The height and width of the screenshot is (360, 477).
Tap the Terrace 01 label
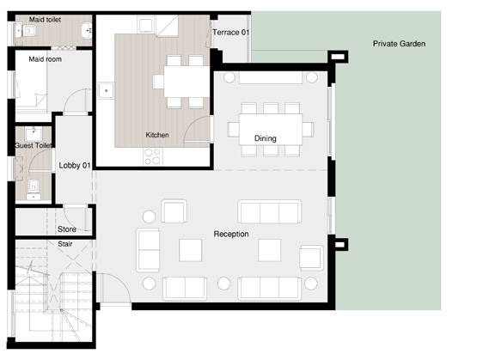(231, 33)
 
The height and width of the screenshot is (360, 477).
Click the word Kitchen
(157, 135)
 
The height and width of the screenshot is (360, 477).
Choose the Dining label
(265, 138)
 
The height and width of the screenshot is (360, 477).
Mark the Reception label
(231, 234)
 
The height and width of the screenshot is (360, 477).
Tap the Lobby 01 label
(74, 166)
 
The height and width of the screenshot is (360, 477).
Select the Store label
(66, 229)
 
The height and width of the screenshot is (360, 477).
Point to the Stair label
(64, 244)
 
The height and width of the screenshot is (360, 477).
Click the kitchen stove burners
(152, 156)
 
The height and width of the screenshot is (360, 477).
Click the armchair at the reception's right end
(311, 256)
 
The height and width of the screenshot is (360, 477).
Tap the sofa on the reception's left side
(149, 251)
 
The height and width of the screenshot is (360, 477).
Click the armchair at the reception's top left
(174, 211)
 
